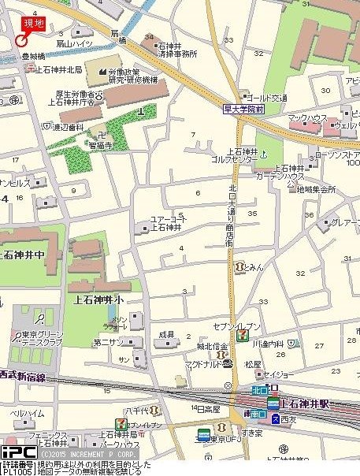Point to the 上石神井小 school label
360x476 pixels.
[x=99, y=299]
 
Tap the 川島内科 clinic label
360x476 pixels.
[x=268, y=344]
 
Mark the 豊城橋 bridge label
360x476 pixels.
[x=33, y=57]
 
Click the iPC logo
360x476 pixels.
[x=18, y=452]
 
